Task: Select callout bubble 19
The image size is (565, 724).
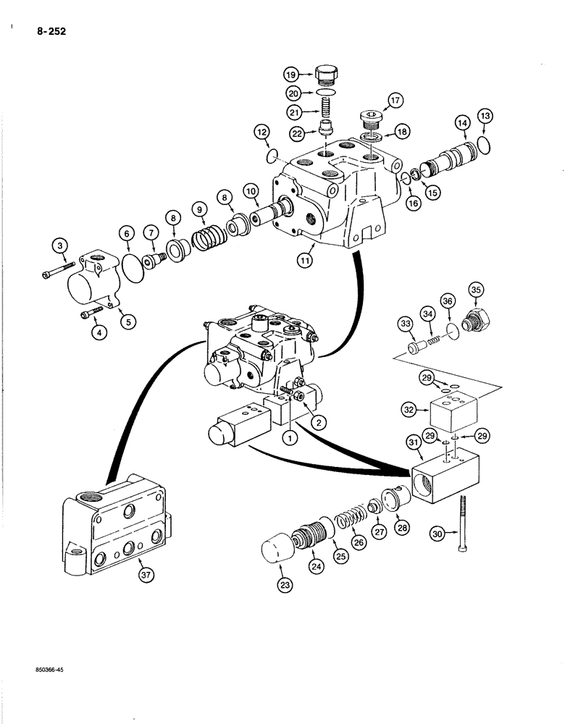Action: point(291,74)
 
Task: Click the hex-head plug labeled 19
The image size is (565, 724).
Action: point(327,74)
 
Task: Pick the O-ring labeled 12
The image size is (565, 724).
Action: point(272,156)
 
